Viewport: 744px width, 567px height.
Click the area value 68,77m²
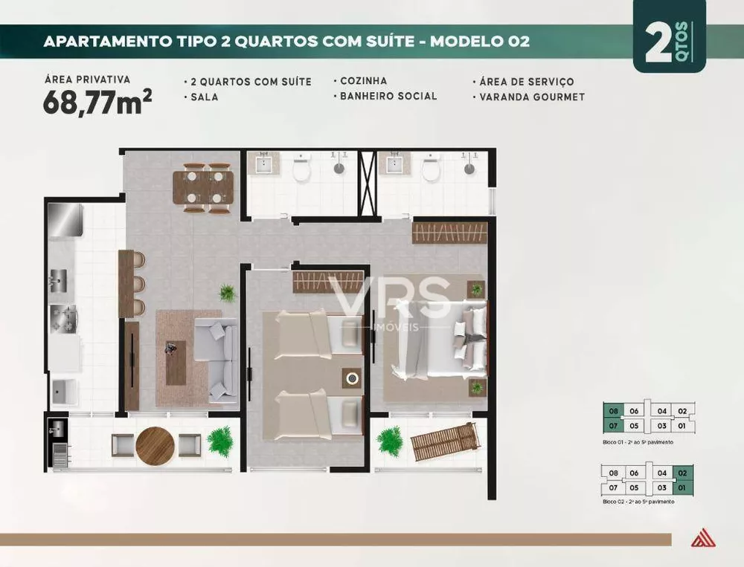pyautogui.click(x=97, y=103)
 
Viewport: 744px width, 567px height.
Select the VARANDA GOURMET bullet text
pyautogui.click(x=532, y=97)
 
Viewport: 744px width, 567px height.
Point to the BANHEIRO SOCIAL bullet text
pyautogui.click(x=388, y=96)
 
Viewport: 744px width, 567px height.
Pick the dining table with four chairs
pyautogui.click(x=203, y=187)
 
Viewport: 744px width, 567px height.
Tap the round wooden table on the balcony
pyautogui.click(x=155, y=445)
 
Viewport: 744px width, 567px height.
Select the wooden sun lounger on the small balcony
pyautogui.click(x=445, y=441)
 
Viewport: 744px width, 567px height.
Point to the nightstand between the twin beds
pyautogui.click(x=351, y=378)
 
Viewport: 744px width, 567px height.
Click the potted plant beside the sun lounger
pyautogui.click(x=389, y=441)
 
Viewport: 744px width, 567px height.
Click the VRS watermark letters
pyautogui.click(x=391, y=298)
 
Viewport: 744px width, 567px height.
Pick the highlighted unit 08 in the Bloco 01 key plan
pyautogui.click(x=613, y=410)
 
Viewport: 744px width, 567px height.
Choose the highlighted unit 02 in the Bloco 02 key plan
pyautogui.click(x=682, y=473)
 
